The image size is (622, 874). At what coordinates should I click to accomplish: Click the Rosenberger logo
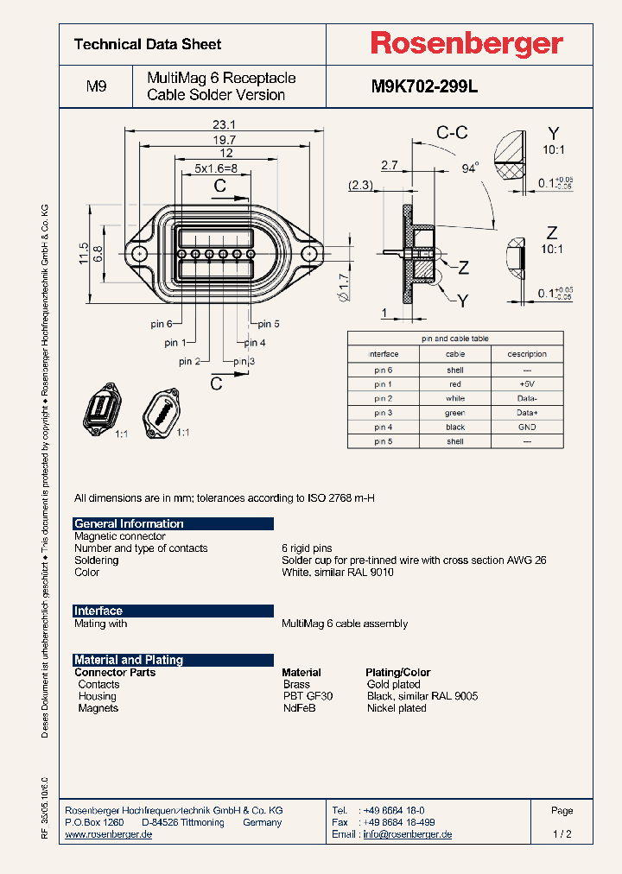coord(466,44)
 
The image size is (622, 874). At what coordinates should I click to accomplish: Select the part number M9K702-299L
coord(424,86)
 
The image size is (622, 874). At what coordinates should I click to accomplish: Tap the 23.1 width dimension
coord(224,124)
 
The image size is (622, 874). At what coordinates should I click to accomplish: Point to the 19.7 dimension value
coord(224,140)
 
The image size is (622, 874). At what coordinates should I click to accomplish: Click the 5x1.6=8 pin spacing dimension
coord(215,168)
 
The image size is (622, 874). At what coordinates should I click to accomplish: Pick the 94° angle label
coord(470,168)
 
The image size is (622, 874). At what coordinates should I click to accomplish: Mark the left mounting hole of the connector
coord(139,254)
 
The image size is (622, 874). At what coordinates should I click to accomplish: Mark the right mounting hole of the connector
coord(308,254)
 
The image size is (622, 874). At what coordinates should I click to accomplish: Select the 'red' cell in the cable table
coord(455,383)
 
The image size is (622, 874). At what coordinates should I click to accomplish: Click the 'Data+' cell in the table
coord(527,413)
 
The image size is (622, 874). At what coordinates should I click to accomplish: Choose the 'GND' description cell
coord(527,427)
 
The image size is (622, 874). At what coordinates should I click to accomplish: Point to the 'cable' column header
coord(455,354)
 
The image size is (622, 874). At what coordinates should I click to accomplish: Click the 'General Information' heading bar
coord(174,523)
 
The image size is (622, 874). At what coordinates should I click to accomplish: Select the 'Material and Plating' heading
coord(174,660)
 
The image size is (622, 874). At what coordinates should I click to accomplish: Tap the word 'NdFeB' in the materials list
coord(300,708)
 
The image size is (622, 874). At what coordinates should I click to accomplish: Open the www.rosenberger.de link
coord(109,834)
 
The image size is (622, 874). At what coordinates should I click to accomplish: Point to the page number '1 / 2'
coord(562,834)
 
